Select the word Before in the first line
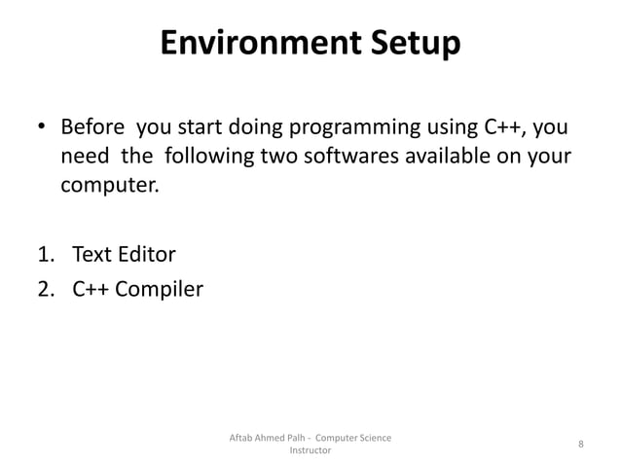[x=94, y=128]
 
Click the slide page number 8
[x=580, y=445]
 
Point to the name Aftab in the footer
[x=241, y=438]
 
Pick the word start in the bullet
[x=196, y=128]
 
